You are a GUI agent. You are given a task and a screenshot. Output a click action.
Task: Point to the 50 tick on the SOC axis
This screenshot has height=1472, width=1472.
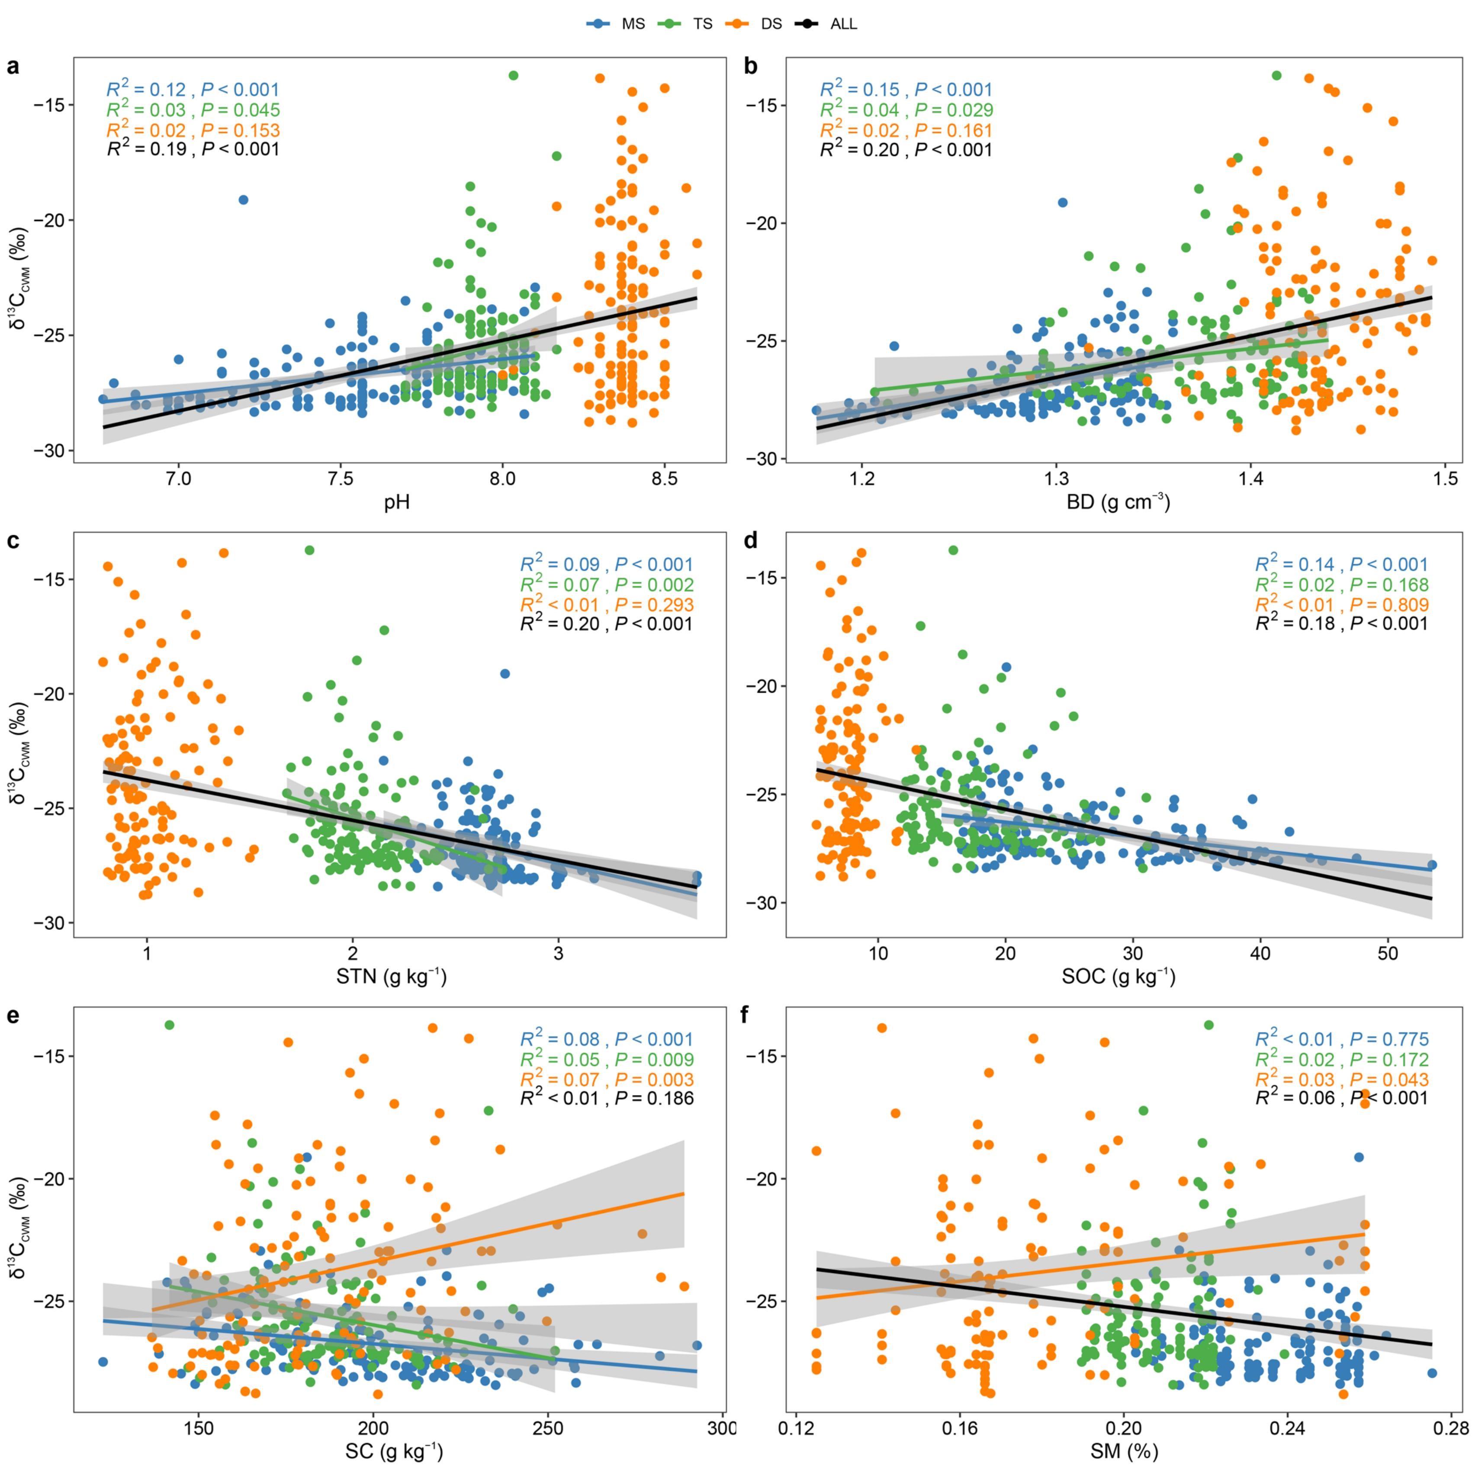tap(1388, 955)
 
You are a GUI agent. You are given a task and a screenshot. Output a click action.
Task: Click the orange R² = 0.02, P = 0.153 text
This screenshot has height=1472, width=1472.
tap(193, 129)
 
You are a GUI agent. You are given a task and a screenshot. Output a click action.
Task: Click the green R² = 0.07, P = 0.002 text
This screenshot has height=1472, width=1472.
tap(607, 585)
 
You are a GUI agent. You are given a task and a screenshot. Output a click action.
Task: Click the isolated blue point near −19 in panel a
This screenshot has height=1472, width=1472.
tap(243, 199)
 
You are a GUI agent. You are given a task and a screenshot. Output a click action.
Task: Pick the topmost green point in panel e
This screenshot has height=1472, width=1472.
tap(169, 1025)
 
